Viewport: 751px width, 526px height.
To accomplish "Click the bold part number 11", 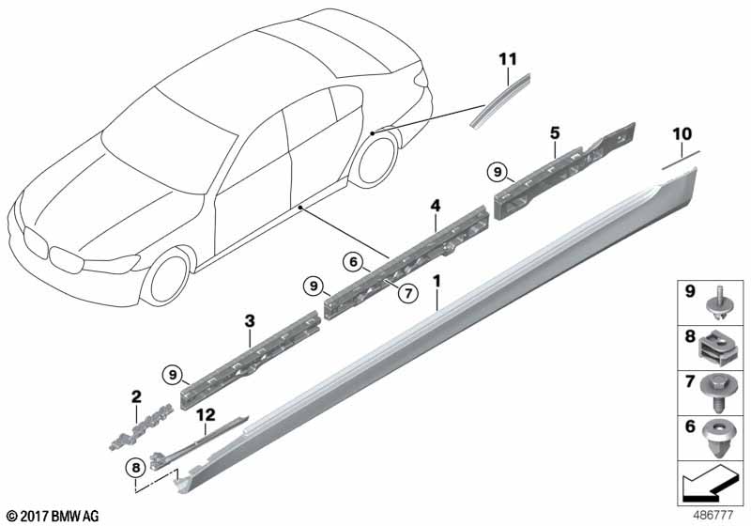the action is click(x=508, y=59).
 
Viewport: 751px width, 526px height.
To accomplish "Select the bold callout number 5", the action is click(x=555, y=133).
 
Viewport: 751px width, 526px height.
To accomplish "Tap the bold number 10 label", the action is click(x=682, y=134).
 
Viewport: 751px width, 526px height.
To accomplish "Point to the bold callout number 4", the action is click(x=435, y=206).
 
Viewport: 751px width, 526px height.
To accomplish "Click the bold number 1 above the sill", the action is click(x=437, y=281).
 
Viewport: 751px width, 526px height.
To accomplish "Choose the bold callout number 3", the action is click(x=250, y=321).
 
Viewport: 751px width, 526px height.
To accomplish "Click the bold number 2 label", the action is click(x=136, y=396).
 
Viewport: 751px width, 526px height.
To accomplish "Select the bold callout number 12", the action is click(x=206, y=415).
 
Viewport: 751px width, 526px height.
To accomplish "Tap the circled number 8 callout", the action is click(x=135, y=467).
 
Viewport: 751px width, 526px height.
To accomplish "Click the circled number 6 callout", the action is click(x=353, y=261).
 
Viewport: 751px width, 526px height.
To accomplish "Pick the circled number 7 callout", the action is click(x=408, y=293).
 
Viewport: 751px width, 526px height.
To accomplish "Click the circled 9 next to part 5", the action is click(x=498, y=172).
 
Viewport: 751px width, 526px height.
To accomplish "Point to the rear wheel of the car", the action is click(x=374, y=160).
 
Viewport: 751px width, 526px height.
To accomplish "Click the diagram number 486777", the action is click(x=713, y=516).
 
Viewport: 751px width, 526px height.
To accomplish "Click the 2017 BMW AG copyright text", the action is click(x=54, y=516).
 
